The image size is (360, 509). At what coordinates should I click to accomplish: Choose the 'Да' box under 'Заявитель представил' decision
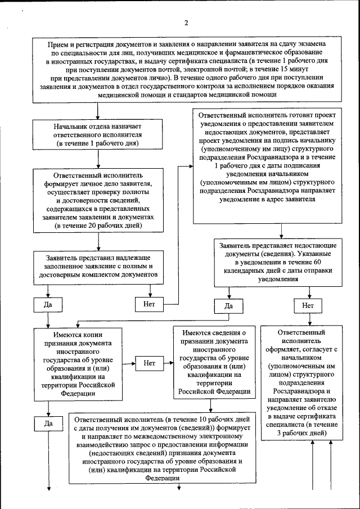click(47, 305)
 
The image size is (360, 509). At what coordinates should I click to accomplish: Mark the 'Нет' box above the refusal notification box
click(308, 305)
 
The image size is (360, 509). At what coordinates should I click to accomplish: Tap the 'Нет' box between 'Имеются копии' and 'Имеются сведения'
click(149, 363)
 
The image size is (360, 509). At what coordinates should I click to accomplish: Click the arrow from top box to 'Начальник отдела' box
click(98, 111)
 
